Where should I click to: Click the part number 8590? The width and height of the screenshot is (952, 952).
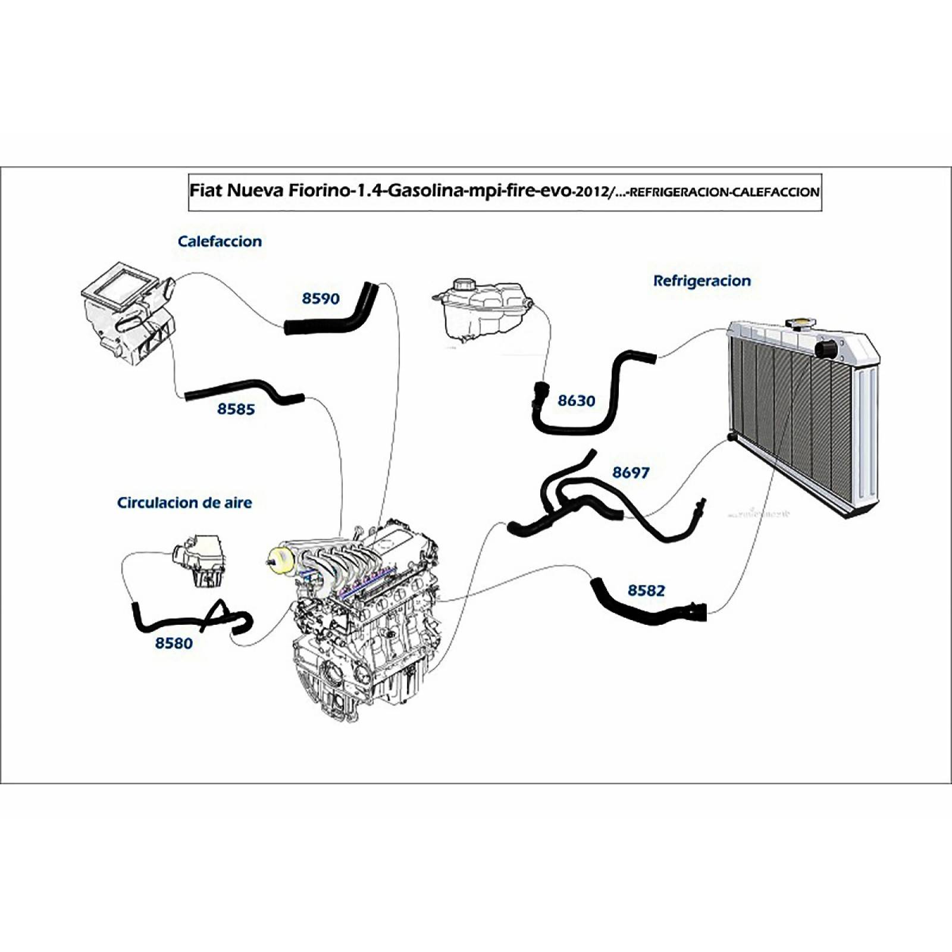[321, 298]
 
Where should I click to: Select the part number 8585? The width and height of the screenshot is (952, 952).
[236, 409]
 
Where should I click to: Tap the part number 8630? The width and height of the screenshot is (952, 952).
[576, 401]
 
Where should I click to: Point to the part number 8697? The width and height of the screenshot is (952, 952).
[631, 472]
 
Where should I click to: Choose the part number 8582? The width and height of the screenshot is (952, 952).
[646, 590]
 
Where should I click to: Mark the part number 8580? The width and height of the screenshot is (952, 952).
[174, 643]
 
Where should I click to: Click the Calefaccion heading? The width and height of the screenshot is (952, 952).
[220, 242]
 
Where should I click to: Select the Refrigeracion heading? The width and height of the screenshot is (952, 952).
[702, 281]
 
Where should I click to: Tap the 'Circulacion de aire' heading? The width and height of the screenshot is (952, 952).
[184, 503]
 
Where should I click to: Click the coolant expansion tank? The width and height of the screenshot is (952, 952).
[482, 312]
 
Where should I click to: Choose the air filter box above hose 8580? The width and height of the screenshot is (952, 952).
[199, 559]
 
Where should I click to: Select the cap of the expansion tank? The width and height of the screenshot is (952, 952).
[462, 284]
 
